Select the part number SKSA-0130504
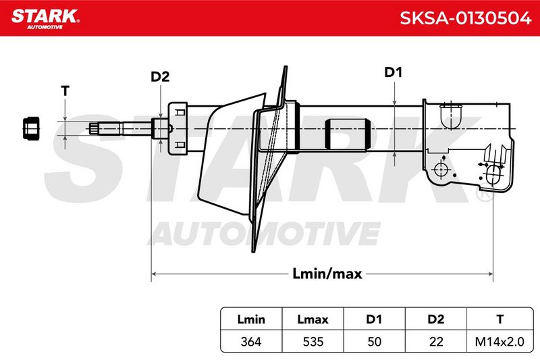[465, 18]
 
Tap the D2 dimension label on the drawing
[160, 76]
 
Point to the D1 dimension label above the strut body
[393, 72]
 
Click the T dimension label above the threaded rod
[65, 91]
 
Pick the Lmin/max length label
[327, 274]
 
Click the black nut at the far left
[31, 128]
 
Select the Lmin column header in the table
[251, 319]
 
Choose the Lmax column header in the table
[313, 319]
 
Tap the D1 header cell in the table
[374, 319]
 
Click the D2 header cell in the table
[435, 319]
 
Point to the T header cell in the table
[500, 319]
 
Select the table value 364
[251, 342]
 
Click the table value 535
[313, 342]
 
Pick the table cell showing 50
[374, 342]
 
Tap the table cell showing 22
[435, 342]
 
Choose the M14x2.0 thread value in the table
[500, 342]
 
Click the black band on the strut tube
[348, 134]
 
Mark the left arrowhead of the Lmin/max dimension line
[155, 274]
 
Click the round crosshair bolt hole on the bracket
[441, 170]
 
